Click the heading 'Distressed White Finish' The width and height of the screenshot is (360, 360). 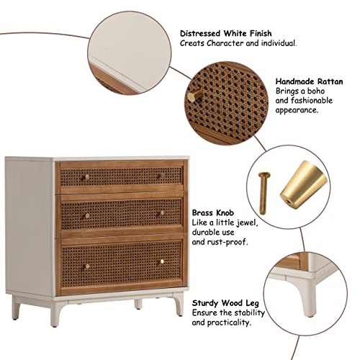(226, 33)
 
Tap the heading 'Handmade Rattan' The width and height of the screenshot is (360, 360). (309, 81)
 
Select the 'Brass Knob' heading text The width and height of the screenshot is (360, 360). (213, 213)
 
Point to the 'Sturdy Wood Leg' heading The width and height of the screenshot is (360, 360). (225, 303)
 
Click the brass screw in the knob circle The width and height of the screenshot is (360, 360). (264, 193)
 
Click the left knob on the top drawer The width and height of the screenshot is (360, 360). (86, 177)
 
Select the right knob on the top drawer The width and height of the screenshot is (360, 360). (162, 176)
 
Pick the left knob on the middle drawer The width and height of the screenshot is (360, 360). (87, 216)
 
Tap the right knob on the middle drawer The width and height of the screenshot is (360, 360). (162, 212)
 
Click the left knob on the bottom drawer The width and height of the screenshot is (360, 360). (88, 266)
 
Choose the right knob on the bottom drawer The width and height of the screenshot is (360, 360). (162, 261)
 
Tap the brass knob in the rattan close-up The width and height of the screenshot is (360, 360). (194, 96)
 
